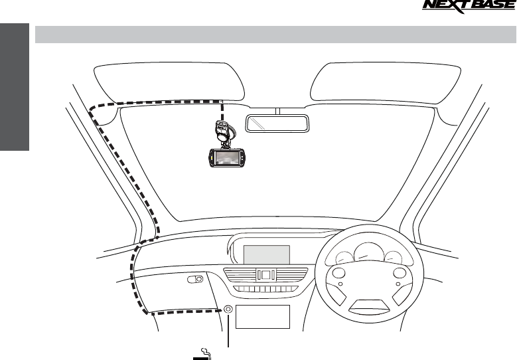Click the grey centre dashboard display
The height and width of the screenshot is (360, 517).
tap(267, 254)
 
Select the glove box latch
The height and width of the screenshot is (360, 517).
tap(194, 280)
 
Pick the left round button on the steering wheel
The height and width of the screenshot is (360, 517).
tap(339, 274)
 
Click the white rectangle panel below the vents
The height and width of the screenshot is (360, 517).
tap(262, 317)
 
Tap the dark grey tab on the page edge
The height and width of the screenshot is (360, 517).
tap(15, 87)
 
